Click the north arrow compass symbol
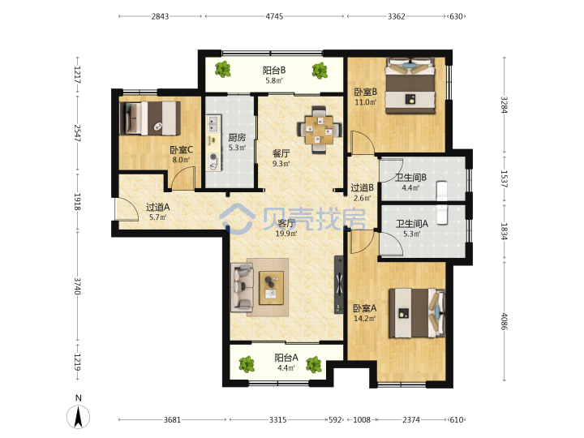78,416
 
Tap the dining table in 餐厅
320,130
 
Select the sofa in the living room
242,287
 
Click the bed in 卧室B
410,86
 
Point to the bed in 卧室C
150,118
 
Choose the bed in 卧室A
417,313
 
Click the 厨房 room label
237,137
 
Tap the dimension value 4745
274,16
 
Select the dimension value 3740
78,286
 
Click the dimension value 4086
504,321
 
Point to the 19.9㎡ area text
286,234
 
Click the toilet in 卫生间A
442,215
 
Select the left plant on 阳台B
223,69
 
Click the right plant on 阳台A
314,365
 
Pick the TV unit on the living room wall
338,285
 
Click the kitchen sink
213,124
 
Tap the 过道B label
362,187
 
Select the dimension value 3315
278,420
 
